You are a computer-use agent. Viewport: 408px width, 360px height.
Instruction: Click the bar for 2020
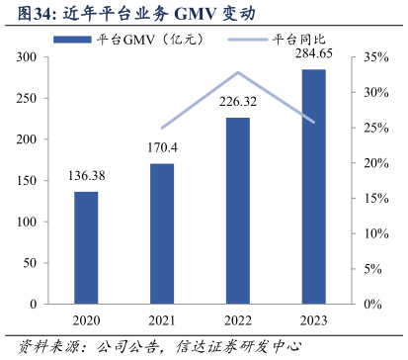(86, 247)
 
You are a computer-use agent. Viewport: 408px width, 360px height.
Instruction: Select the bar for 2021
(162, 233)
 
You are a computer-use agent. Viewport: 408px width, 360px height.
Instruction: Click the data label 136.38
(86, 176)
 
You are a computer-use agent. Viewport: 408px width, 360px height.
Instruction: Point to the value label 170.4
(162, 148)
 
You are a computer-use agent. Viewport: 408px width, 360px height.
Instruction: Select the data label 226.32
(238, 101)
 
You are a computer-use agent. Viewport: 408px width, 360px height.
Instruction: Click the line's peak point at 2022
(238, 72)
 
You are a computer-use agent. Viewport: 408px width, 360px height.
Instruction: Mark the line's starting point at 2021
(162, 128)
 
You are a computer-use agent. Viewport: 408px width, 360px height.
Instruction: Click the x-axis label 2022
(238, 321)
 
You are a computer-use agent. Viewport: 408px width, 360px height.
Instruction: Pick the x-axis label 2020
(86, 321)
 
